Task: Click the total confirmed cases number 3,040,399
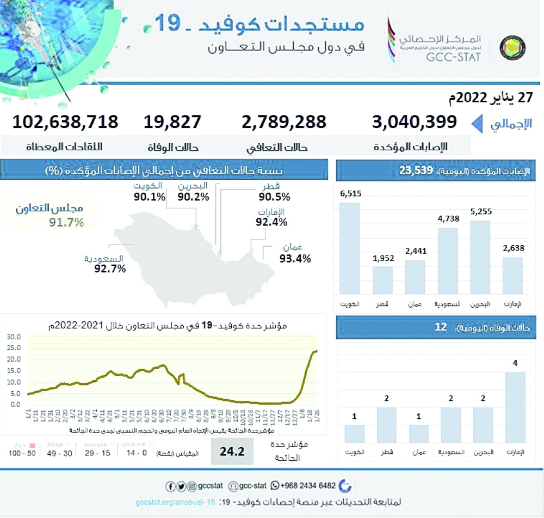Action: [414, 122]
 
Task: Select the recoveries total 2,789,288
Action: [285, 122]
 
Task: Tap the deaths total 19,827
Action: [172, 122]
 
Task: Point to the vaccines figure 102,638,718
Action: [66, 122]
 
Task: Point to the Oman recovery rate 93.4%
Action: [295, 259]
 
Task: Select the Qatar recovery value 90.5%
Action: [274, 197]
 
